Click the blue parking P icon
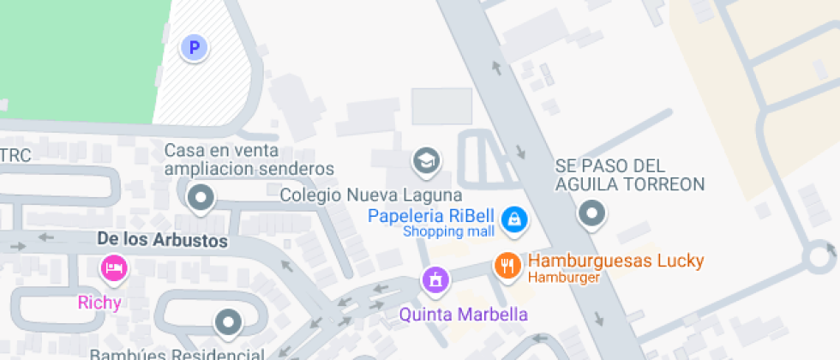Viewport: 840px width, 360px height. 195,48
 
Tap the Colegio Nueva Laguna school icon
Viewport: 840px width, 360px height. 425,159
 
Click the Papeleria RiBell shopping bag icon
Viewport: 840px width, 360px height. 513,219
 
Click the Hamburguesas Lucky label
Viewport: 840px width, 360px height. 615,261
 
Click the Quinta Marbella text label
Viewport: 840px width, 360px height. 464,314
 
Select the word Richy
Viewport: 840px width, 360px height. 100,302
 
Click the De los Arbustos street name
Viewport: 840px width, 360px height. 163,241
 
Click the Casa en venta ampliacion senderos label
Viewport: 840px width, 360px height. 249,159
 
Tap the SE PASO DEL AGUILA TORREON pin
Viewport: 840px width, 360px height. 591,213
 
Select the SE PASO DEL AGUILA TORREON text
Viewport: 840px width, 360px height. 629,174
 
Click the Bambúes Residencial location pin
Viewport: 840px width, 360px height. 228,322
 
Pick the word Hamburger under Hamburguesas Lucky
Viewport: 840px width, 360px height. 564,277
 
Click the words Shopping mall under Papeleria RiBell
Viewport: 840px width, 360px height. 448,231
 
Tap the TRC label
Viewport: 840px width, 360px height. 15,156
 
